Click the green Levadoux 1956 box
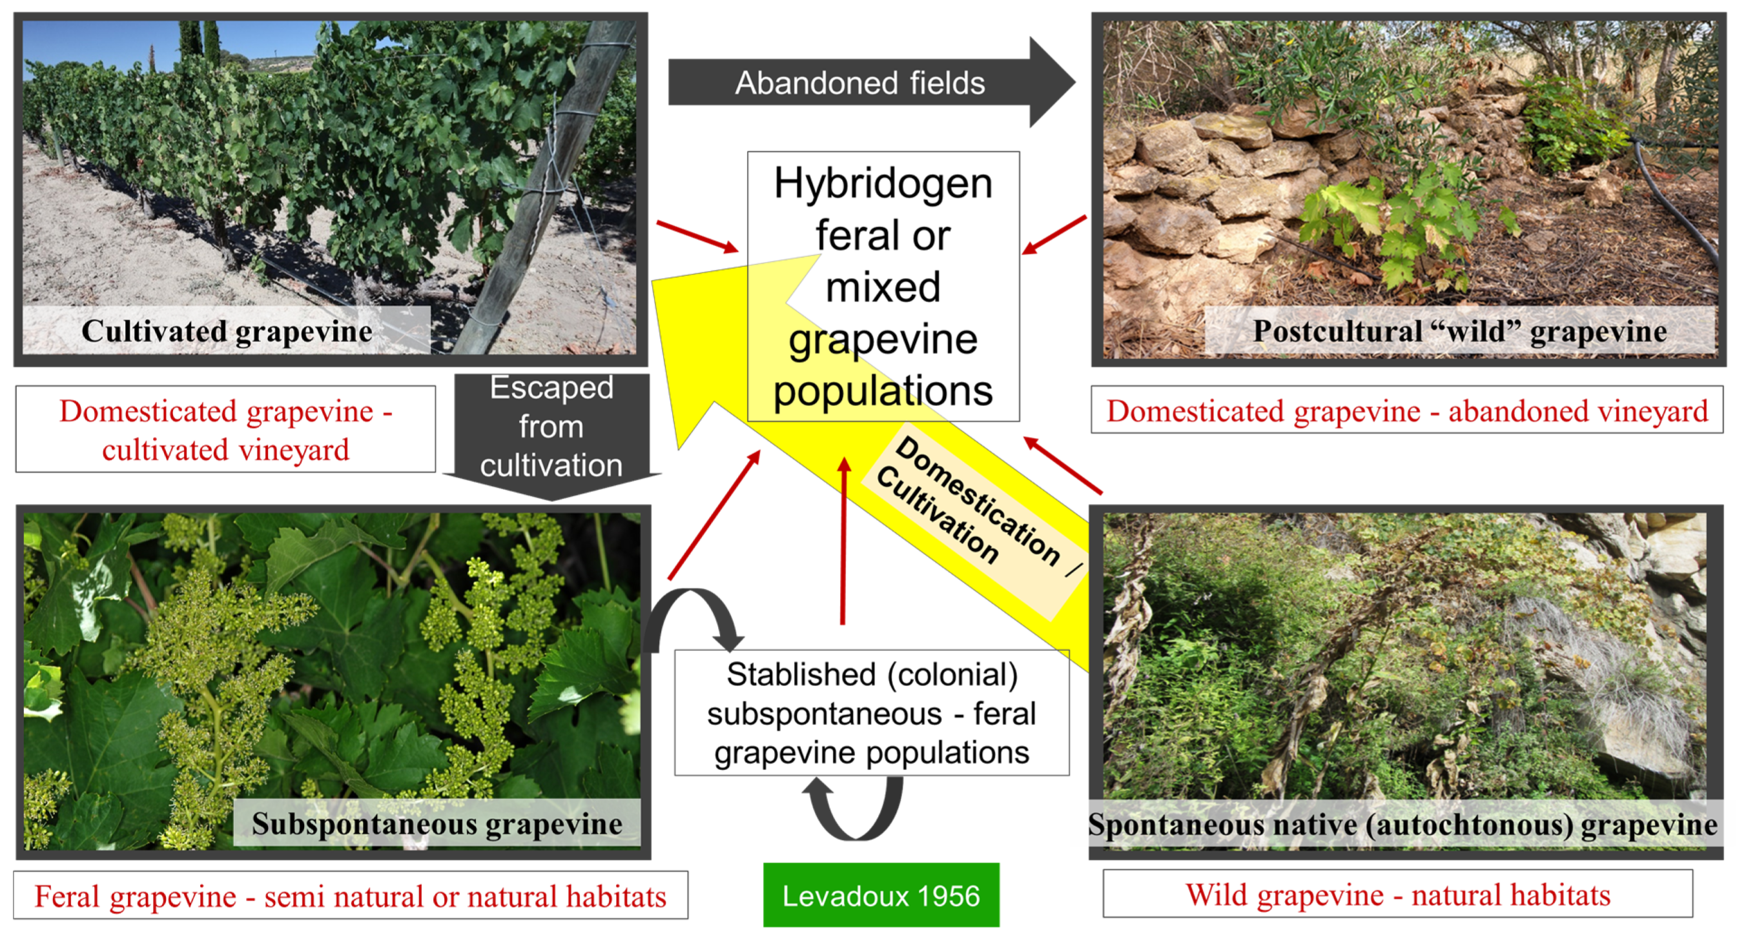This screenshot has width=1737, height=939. pos(881,895)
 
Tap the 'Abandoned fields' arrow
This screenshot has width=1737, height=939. pos(859,83)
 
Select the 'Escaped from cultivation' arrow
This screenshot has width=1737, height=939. pos(551,431)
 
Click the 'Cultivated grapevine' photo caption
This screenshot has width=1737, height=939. pos(227,331)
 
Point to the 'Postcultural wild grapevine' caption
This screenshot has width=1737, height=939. pos(1459,331)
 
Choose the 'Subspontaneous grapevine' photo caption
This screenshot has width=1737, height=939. pos(437,823)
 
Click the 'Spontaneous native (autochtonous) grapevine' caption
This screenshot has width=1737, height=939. pos(1403,824)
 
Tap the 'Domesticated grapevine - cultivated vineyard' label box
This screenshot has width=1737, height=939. pos(225,429)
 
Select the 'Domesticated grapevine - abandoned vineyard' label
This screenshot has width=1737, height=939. pos(1406,410)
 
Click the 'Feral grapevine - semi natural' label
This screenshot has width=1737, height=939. pos(350,896)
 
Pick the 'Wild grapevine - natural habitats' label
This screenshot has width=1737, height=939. pos(1397,894)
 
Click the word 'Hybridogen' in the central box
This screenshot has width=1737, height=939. pos(883,183)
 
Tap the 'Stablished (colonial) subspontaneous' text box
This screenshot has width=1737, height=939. pos(871,712)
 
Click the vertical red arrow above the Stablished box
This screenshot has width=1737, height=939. pos(843,540)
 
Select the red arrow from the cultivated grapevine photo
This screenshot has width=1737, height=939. pos(697,237)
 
